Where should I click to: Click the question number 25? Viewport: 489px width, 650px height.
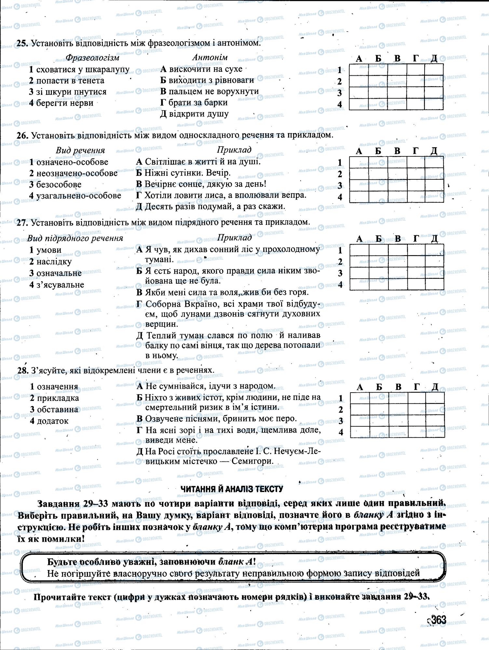pyautogui.click(x=23, y=43)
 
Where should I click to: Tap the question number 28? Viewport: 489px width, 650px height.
pyautogui.click(x=23, y=370)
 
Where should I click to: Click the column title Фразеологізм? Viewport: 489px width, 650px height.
pyautogui.click(x=92, y=58)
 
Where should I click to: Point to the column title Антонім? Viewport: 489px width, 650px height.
pyautogui.click(x=210, y=58)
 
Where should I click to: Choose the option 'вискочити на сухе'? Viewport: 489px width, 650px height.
pyautogui.click(x=205, y=69)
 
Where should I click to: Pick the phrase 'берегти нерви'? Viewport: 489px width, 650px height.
pyautogui.click(x=64, y=103)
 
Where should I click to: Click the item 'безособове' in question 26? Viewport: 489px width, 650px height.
pyautogui.click(x=59, y=185)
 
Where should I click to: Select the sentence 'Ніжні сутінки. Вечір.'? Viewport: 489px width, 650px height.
pyautogui.click(x=187, y=173)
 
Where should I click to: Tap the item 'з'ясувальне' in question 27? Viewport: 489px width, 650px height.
pyautogui.click(x=60, y=285)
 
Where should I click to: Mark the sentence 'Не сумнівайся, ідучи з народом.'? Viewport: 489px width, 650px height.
pyautogui.click(x=210, y=386)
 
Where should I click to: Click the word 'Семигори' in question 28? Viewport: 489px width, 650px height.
pyautogui.click(x=253, y=461)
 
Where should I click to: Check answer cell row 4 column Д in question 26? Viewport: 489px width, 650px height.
pyautogui.click(x=434, y=197)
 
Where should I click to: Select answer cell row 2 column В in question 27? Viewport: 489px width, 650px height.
pyautogui.click(x=398, y=262)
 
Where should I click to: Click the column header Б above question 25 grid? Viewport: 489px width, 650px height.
pyautogui.click(x=378, y=59)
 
